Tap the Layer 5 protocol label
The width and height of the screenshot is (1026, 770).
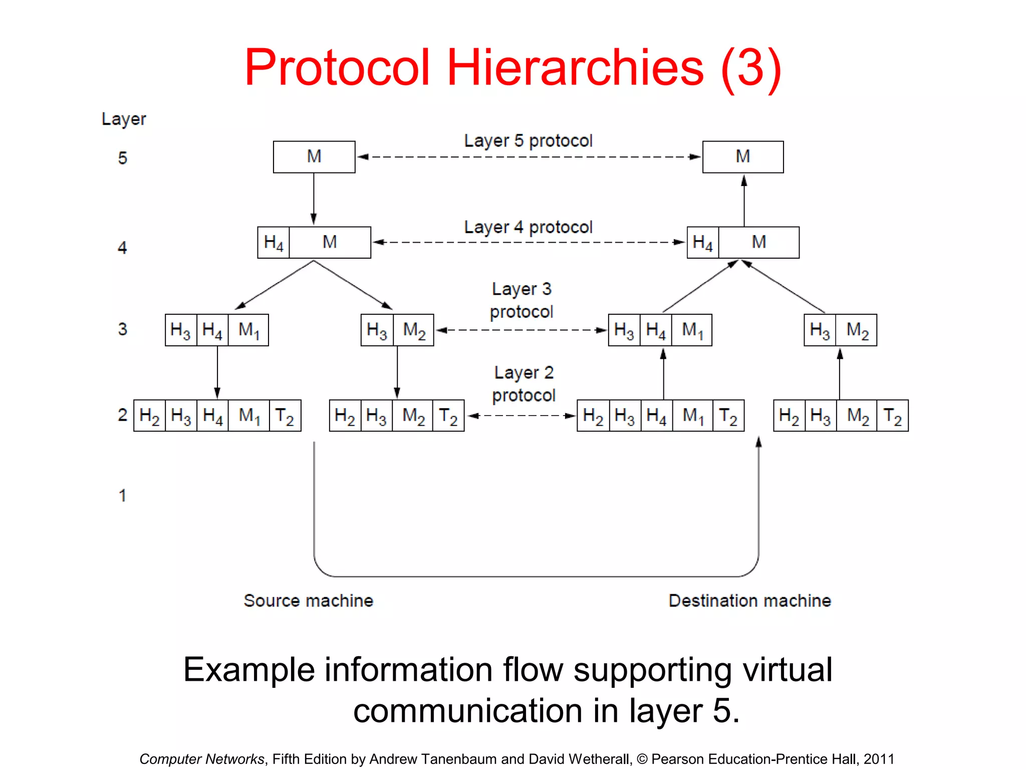coord(528,141)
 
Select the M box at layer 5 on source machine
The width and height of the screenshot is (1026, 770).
coord(314,157)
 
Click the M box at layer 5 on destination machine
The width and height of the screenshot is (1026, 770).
coord(743,157)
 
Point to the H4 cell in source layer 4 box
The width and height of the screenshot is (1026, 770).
coord(274,243)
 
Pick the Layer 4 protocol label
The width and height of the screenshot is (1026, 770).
coord(528,228)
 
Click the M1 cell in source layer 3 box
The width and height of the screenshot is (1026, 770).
coord(248,330)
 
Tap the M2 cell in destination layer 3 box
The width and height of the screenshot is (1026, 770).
coord(857,330)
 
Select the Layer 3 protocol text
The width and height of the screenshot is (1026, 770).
coord(522,300)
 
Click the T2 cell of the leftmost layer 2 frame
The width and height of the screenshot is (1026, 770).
coord(285,416)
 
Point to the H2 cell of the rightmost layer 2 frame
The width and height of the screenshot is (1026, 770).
coord(789,416)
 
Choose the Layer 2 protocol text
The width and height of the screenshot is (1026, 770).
coord(524,384)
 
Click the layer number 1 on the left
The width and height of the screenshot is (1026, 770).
coord(122,496)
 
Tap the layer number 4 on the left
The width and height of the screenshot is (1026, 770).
coord(122,248)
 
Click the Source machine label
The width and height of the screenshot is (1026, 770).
coord(309,601)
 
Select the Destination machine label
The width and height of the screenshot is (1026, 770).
coord(749,601)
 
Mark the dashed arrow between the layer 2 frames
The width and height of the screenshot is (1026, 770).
coord(521,416)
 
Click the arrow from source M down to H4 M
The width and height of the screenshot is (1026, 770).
coord(314,199)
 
